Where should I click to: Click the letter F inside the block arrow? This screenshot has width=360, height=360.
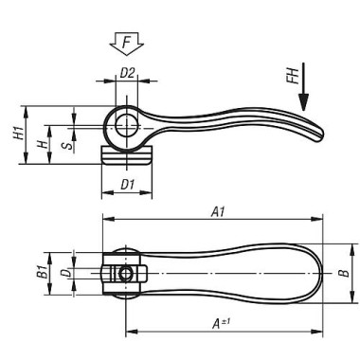coord(127,43)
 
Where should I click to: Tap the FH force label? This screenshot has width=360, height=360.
coord(293,76)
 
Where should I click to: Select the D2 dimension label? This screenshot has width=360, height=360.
coord(127,73)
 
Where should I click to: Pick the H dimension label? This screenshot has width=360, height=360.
coord(42,145)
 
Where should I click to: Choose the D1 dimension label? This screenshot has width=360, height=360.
coord(128,184)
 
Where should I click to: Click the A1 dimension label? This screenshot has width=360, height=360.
coord(218,212)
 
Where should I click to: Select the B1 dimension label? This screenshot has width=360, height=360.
coord(42,272)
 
